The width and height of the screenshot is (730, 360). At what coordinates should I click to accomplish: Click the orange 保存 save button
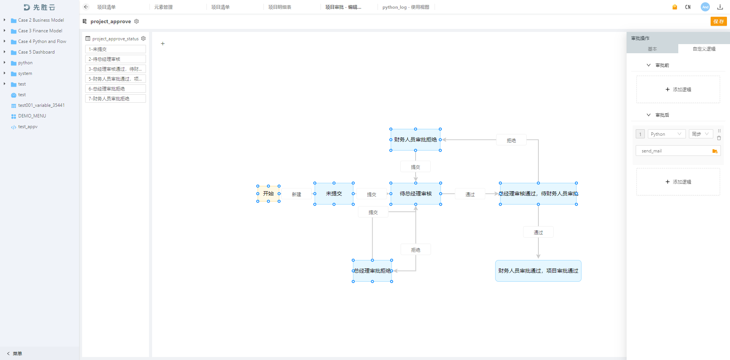point(718,22)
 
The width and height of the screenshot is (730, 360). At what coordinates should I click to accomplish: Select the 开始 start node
point(268,193)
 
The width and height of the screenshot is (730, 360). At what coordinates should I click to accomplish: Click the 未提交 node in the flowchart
point(334,193)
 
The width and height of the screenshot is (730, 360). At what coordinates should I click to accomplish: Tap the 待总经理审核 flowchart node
point(416,193)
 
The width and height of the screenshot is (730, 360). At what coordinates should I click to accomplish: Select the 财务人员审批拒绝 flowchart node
point(415,140)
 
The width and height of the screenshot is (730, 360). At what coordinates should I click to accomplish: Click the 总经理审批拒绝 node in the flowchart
point(372,271)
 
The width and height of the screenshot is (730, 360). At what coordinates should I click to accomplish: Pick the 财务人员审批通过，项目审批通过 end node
point(538,271)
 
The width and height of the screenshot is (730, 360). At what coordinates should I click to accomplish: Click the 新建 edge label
point(297,194)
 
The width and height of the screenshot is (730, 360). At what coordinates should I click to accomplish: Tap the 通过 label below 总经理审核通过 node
point(538,232)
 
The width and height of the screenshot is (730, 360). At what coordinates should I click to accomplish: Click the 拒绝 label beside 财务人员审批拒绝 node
point(511,140)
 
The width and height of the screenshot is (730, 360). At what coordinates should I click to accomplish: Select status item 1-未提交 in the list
point(116,49)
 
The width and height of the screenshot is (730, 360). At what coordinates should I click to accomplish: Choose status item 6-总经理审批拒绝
point(116,89)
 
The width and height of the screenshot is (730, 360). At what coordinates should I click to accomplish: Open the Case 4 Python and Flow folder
point(42,41)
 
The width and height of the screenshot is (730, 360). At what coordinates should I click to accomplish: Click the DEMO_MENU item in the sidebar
point(32,116)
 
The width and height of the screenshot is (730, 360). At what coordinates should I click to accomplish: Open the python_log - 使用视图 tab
point(406,7)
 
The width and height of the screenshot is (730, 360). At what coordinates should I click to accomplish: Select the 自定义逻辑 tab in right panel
point(704,49)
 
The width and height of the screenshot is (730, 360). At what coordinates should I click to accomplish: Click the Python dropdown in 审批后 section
point(667,134)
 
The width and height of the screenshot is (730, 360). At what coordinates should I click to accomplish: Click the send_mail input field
point(673,151)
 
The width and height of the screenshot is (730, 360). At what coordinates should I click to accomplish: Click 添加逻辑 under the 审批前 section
point(678,90)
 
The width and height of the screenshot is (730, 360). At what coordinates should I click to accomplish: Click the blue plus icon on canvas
point(163,44)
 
